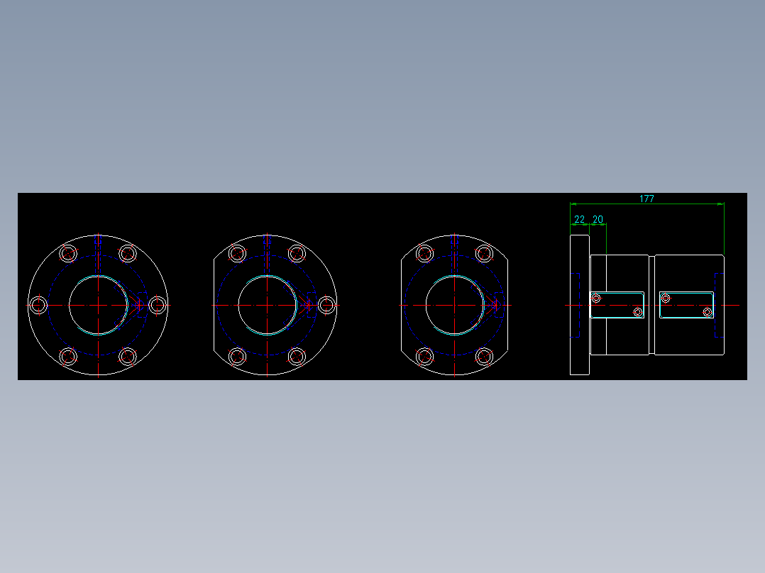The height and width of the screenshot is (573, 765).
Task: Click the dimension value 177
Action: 646,199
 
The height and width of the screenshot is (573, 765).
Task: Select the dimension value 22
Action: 580,220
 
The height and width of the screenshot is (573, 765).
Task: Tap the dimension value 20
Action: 598,220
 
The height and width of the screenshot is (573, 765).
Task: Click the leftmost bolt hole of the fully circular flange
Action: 39,305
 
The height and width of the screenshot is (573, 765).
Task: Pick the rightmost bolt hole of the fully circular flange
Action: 158,305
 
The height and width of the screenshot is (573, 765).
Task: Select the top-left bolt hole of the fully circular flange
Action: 68,253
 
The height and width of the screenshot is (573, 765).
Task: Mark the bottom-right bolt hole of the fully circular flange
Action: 128,356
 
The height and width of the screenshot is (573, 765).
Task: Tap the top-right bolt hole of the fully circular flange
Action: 128,253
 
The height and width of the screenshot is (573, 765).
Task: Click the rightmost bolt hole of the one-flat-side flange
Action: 326,305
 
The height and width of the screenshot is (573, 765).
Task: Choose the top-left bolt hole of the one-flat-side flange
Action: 237,253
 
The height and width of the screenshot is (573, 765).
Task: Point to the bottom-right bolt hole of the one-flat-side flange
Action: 297,356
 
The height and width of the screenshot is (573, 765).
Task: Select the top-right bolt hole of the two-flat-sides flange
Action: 484,253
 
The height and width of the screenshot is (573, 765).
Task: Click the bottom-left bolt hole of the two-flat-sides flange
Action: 425,356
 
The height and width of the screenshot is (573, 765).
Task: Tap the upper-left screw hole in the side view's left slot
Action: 596,298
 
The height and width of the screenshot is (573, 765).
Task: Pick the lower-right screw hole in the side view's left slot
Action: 637,312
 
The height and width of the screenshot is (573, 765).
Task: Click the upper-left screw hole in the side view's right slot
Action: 666,298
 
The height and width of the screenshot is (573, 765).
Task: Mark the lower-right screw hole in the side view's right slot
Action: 707,312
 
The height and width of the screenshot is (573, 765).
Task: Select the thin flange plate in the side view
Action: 580,305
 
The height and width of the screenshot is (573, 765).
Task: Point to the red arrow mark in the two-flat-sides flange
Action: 495,304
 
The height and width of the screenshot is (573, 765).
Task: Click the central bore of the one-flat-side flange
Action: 268,305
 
